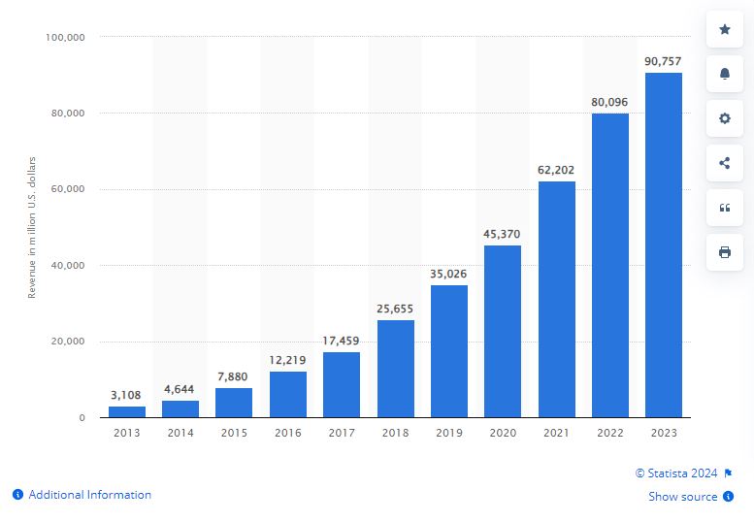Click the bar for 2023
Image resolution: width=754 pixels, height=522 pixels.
[x=664, y=245]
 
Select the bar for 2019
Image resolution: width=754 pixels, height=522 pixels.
[x=449, y=350]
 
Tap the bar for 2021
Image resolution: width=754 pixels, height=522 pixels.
[x=556, y=299]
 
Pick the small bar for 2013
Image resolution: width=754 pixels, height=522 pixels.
[x=127, y=411]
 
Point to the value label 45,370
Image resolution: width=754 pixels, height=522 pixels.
[x=503, y=233]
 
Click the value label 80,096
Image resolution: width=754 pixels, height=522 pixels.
[x=609, y=100]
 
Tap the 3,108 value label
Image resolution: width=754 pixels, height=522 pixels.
[x=127, y=394]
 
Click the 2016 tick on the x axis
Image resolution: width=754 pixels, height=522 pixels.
[x=288, y=434]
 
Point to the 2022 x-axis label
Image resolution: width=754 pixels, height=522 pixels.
[x=609, y=434]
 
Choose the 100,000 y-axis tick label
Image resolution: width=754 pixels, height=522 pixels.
[x=66, y=38]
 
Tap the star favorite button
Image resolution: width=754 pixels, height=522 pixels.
[x=725, y=29]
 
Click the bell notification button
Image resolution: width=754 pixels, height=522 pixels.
[x=725, y=74]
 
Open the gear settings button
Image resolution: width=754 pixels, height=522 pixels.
[x=725, y=118]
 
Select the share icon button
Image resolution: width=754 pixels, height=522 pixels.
[x=725, y=163]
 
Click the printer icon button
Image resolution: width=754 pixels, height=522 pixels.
[x=725, y=252]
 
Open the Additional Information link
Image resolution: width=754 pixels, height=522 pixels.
[x=89, y=495]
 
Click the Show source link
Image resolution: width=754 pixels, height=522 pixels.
[x=683, y=497]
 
